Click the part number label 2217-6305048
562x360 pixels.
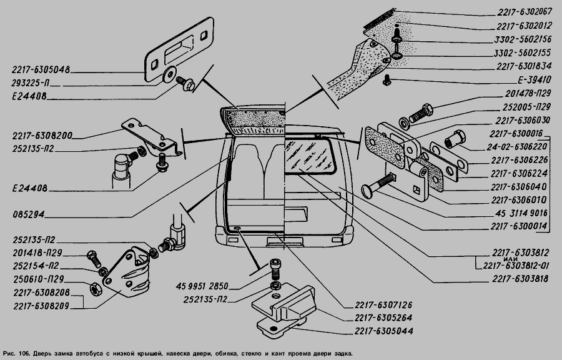[x=40, y=70]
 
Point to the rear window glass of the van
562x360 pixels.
[x=308, y=155]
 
